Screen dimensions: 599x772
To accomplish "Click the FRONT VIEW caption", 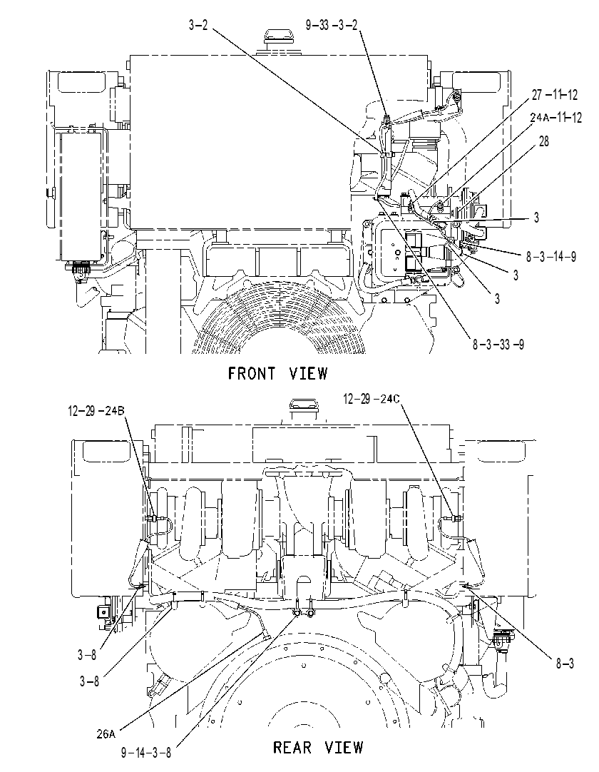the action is point(277,374).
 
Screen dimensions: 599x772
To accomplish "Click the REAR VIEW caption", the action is point(318,747).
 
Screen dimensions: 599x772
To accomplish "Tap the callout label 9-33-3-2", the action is point(332,25).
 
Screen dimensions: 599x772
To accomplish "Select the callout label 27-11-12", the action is point(555,94).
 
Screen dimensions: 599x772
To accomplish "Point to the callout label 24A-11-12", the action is point(556,118).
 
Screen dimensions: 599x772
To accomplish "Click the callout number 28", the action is point(544,141).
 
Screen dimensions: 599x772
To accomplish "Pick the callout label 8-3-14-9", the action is point(551,257).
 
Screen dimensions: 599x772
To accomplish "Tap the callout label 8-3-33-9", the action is point(498,344).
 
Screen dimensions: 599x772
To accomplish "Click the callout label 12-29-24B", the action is point(96,411).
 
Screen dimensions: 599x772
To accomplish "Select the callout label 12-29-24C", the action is point(372,399).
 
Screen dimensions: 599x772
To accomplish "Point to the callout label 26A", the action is point(106,734).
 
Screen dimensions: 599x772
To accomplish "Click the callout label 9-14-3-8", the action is point(146,753).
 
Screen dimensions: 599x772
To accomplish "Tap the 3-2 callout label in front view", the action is point(198,25).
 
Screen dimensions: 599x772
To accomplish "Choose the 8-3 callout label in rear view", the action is point(565,664).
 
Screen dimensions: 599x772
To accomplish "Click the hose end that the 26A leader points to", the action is point(266,636).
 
